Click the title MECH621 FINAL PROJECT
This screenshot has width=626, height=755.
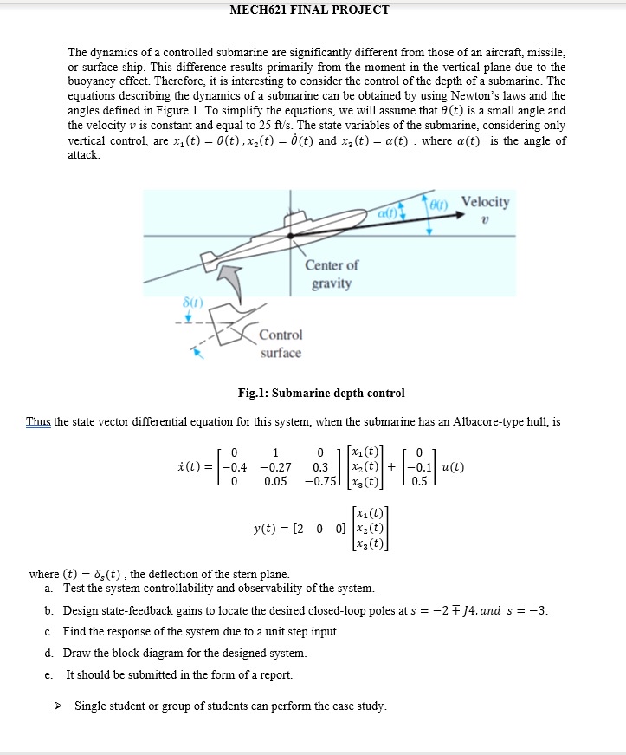tap(309, 10)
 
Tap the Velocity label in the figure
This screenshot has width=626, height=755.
tap(485, 202)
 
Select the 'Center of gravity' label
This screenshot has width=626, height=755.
tap(332, 274)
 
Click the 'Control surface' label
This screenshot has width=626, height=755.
tap(281, 343)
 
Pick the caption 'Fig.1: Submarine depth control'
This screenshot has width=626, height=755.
tap(321, 393)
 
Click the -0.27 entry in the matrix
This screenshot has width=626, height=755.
tap(274, 467)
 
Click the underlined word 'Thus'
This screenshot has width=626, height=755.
tap(39, 422)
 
